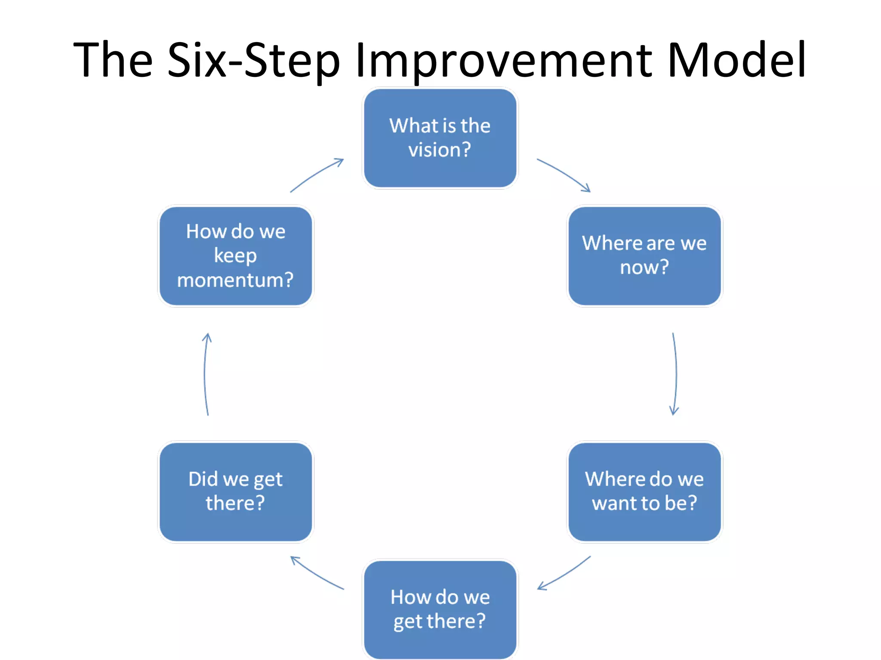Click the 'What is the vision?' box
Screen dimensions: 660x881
[440, 138]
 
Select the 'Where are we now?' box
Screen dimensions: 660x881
[644, 256]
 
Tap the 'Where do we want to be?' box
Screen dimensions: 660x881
[644, 492]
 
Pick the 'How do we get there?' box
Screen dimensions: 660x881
[440, 609]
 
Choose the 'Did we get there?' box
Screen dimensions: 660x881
[235, 492]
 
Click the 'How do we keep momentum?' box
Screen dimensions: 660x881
[235, 256]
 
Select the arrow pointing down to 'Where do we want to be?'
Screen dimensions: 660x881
[675, 374]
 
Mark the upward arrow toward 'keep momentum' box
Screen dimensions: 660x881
[205, 374]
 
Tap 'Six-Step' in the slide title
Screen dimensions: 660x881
[254, 60]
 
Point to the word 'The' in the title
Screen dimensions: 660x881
[113, 60]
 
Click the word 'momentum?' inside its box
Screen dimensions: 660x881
[235, 280]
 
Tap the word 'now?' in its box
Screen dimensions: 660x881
[644, 268]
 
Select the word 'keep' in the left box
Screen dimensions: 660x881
[235, 256]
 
